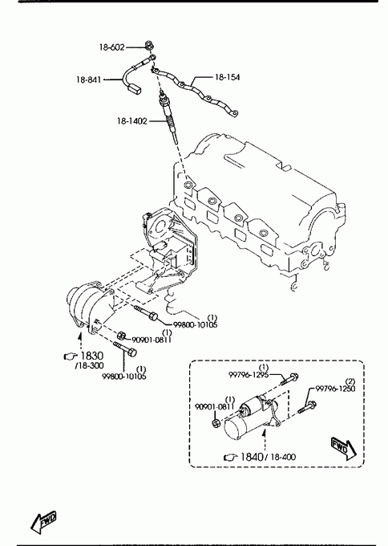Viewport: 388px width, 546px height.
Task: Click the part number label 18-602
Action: [x=111, y=47]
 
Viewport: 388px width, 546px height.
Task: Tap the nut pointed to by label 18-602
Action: [x=149, y=45]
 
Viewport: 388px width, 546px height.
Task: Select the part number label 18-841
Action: [x=89, y=79]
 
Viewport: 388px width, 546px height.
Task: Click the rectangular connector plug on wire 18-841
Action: [x=135, y=88]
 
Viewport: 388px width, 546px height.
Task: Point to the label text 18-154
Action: [x=228, y=77]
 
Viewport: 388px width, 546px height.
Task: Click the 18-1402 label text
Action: [x=131, y=121]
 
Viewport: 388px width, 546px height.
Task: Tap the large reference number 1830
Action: [x=92, y=356]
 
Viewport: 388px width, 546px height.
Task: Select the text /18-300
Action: [x=89, y=365]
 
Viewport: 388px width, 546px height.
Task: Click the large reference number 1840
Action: [x=252, y=457]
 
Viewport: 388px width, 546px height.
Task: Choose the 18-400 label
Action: [x=283, y=457]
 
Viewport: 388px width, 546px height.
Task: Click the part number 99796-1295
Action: [x=249, y=374]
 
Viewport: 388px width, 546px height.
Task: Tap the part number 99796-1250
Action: [x=335, y=389]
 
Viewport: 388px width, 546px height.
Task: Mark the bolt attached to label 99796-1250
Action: [x=307, y=407]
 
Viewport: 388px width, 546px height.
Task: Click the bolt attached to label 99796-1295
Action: [x=289, y=379]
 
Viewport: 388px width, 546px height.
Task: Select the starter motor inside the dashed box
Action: [x=252, y=418]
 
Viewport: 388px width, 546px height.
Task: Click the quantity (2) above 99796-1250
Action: [x=350, y=381]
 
